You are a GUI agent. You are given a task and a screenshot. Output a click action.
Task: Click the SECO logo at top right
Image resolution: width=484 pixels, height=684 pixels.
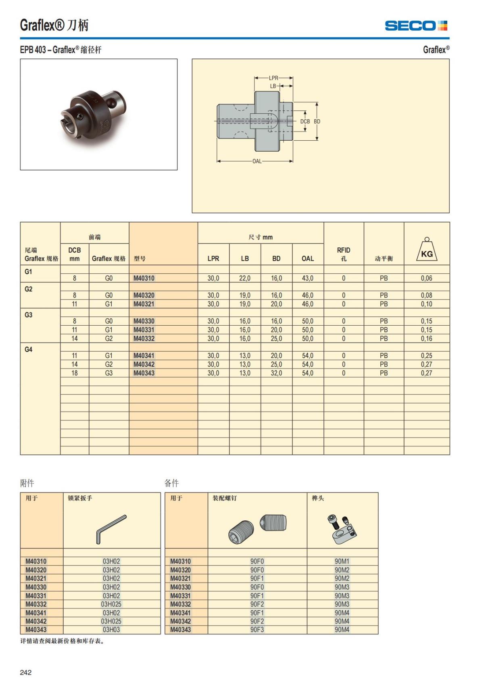click(416, 26)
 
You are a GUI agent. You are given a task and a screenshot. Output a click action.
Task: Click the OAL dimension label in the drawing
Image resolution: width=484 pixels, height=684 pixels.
click(257, 161)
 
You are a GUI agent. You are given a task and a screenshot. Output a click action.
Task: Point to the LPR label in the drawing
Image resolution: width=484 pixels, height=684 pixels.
click(273, 78)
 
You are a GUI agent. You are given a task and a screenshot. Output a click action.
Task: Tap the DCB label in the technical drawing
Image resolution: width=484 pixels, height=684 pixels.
click(305, 121)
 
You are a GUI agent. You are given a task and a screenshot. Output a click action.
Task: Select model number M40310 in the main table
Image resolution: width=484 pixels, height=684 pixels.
click(144, 278)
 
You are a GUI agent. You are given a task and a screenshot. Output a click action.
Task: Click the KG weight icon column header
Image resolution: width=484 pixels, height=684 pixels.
click(427, 250)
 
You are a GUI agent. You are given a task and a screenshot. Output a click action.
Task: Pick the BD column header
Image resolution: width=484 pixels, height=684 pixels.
click(276, 258)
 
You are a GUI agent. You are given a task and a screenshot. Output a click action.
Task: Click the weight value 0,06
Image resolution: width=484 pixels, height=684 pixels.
click(426, 278)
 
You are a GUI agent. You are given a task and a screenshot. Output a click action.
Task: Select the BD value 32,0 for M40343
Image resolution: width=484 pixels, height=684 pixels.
click(276, 373)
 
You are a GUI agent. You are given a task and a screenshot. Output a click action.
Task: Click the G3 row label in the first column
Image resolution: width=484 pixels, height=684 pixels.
click(29, 315)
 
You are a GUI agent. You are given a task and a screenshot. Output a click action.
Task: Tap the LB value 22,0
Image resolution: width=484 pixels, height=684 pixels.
click(245, 278)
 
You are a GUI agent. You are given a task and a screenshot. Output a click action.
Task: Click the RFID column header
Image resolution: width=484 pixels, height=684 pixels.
click(344, 254)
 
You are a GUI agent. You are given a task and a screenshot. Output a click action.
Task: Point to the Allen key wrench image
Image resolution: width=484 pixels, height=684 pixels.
click(111, 528)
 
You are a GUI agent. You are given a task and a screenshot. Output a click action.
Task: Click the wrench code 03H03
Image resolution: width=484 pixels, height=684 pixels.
click(111, 630)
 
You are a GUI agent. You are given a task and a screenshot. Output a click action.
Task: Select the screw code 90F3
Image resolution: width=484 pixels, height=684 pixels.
click(257, 630)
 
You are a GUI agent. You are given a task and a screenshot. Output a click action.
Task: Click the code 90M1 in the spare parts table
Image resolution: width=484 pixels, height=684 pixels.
click(342, 561)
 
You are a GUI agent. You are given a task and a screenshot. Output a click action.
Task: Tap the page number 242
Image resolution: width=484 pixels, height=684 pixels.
click(26, 672)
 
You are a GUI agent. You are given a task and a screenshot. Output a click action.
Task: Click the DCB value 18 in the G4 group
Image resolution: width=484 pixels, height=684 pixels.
click(75, 373)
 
